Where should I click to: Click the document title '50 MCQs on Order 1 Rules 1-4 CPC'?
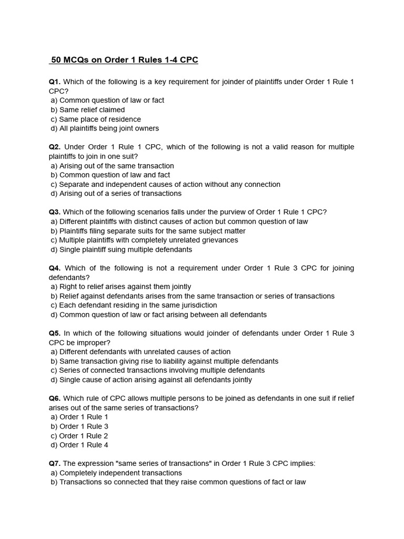(124, 60)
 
